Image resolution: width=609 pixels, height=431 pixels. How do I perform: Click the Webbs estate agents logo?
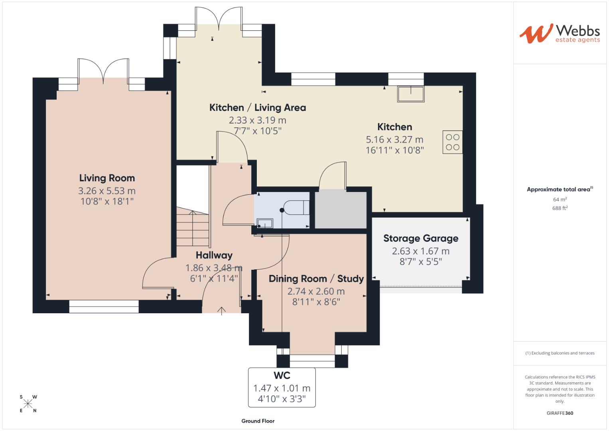coord(559,34)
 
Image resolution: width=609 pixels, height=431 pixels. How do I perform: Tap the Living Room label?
coord(107,178)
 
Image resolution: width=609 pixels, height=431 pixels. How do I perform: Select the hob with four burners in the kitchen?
coord(452,142)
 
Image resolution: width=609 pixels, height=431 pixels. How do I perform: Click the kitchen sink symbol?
coord(410,94)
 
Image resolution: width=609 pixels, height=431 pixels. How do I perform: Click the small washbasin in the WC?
coord(265,223)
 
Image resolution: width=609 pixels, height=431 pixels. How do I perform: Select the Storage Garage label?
coord(421,238)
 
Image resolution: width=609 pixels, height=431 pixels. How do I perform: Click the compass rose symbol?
coord(28,403)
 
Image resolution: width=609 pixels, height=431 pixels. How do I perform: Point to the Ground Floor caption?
coord(258,421)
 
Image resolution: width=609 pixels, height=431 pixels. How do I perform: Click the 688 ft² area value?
coord(560,208)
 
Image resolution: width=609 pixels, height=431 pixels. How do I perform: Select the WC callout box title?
coord(282,375)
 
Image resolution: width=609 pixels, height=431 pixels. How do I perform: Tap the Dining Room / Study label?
coord(316,279)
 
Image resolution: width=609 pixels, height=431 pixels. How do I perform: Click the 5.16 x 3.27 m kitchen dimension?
coord(394,139)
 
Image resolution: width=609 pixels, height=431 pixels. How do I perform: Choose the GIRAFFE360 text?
coord(560,413)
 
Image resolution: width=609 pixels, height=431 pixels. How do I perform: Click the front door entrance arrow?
coord(222,310)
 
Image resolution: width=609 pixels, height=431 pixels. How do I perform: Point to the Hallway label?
coord(214,255)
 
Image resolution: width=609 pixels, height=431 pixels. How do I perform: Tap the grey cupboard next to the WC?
coord(341,210)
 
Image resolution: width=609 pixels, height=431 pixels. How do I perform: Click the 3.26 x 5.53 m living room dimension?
coord(107,191)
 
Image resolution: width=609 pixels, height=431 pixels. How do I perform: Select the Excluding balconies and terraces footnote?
coord(560,353)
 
